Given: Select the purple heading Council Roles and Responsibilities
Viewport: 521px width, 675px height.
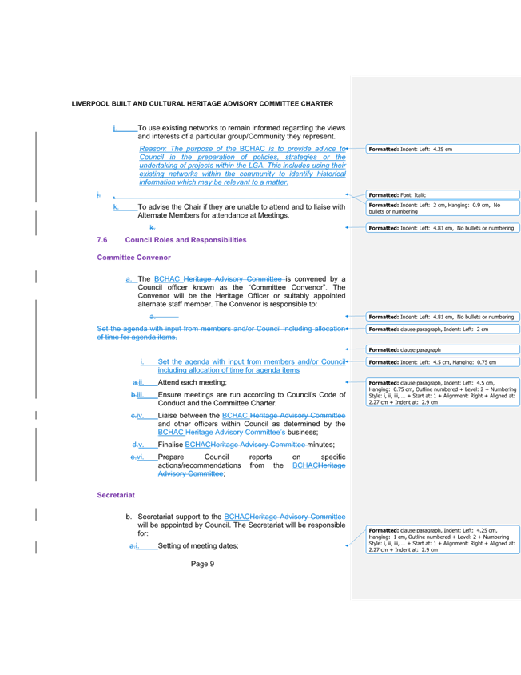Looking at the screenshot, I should [x=185, y=239].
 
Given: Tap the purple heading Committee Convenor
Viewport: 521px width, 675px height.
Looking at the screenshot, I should [x=133, y=258].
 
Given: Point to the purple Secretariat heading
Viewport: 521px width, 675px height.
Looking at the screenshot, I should [x=116, y=495].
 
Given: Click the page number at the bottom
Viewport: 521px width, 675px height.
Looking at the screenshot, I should [x=204, y=564].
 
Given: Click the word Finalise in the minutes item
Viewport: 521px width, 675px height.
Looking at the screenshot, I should [x=170, y=445].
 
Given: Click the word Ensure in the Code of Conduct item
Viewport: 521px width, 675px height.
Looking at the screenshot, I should [x=168, y=394].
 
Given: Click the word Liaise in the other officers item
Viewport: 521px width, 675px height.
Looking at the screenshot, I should [x=167, y=415].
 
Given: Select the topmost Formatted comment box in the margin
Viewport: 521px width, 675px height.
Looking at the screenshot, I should [x=443, y=149].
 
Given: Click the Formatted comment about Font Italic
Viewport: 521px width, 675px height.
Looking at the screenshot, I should [x=443, y=194].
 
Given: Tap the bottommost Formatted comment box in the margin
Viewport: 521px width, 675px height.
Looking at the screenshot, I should [x=443, y=540].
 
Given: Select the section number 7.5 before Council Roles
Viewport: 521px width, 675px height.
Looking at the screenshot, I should [x=102, y=239].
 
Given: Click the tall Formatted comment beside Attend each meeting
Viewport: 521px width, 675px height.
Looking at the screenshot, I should [x=443, y=392].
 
